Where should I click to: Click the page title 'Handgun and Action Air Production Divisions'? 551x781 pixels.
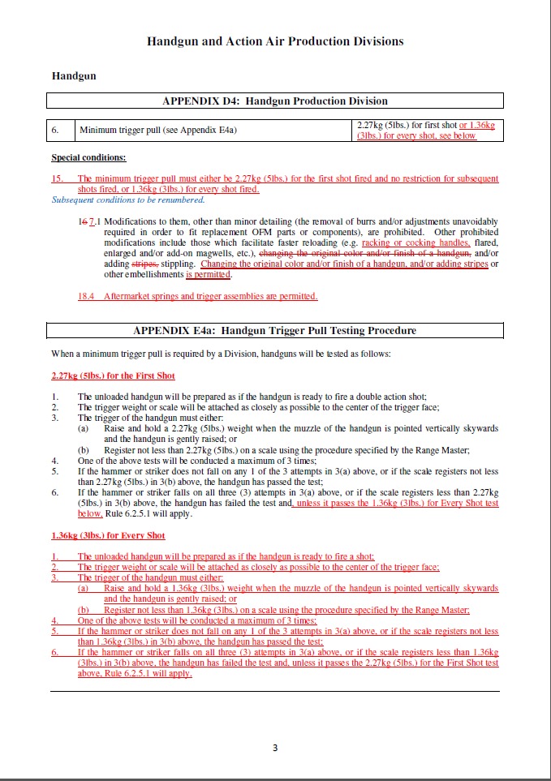275,41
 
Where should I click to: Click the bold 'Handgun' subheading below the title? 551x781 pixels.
74,76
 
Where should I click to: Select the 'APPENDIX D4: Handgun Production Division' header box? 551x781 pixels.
275,101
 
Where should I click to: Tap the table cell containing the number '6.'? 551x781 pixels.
56,130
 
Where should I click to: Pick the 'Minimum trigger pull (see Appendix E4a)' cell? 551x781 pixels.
157,130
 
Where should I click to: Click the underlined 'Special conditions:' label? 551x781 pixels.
88,157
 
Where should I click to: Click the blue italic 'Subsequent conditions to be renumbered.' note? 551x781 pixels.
128,200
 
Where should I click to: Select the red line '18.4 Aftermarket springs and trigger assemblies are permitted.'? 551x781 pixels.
197,296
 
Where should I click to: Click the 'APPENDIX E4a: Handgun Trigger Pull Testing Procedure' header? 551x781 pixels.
275,331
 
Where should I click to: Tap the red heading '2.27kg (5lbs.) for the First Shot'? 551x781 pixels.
113,375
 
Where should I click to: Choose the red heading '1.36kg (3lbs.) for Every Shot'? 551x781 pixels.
108,535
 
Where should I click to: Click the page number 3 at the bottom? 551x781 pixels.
275,748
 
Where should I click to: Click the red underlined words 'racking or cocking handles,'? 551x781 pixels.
415,243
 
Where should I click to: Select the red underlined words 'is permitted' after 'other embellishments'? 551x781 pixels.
209,275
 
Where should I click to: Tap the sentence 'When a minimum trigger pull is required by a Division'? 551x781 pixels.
221,354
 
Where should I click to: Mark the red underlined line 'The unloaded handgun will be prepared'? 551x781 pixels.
226,556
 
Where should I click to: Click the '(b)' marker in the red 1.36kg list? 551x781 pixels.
84,610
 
